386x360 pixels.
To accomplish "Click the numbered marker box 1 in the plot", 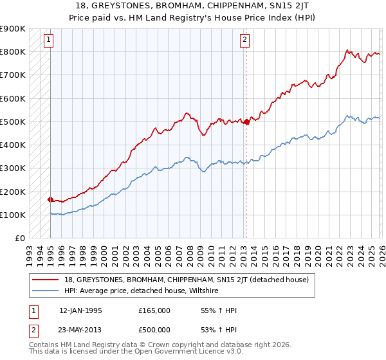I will point(48,40).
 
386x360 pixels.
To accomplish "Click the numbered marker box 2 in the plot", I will point(245,40).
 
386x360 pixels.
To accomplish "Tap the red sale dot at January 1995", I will point(50,199).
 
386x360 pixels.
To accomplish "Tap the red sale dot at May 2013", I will point(246,122).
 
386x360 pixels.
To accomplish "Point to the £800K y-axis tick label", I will point(13,51).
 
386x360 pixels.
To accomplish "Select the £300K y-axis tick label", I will point(13,168).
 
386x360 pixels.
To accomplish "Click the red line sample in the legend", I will point(46,280).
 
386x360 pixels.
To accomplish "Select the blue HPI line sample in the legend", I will point(46,291).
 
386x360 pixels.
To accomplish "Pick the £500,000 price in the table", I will point(154,330).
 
